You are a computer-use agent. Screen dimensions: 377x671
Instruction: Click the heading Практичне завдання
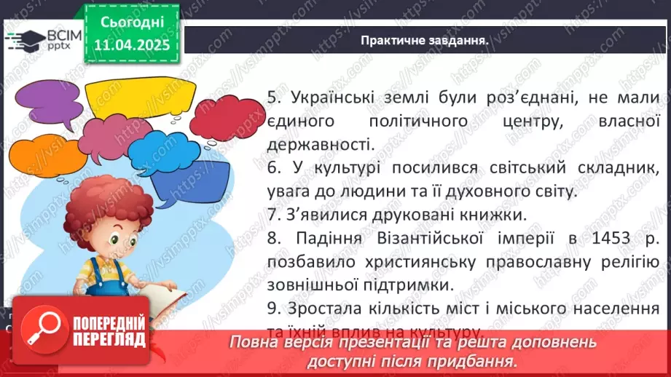tap(424, 39)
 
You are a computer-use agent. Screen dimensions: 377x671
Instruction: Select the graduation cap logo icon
tap(23, 38)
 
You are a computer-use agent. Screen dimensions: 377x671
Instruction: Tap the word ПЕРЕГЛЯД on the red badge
tap(109, 338)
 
